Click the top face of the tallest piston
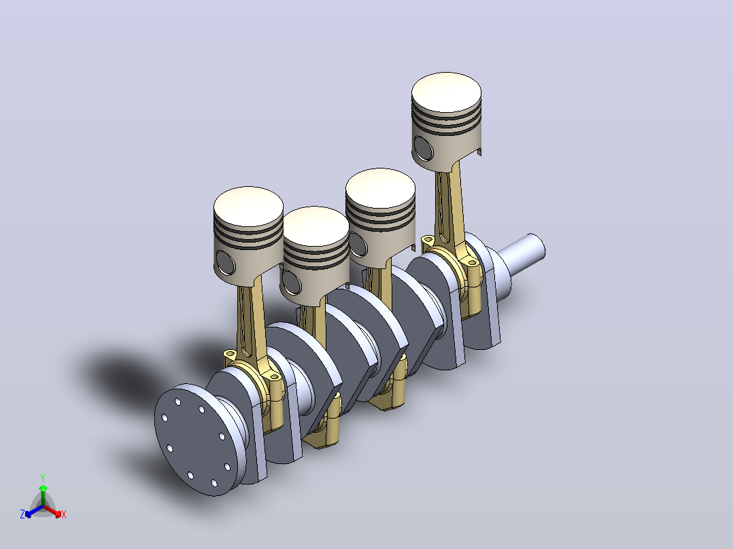447,92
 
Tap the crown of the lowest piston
316,226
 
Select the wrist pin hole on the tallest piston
424,148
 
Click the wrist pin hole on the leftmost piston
226,262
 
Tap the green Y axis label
43,478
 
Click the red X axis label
64,514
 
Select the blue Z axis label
22,514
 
